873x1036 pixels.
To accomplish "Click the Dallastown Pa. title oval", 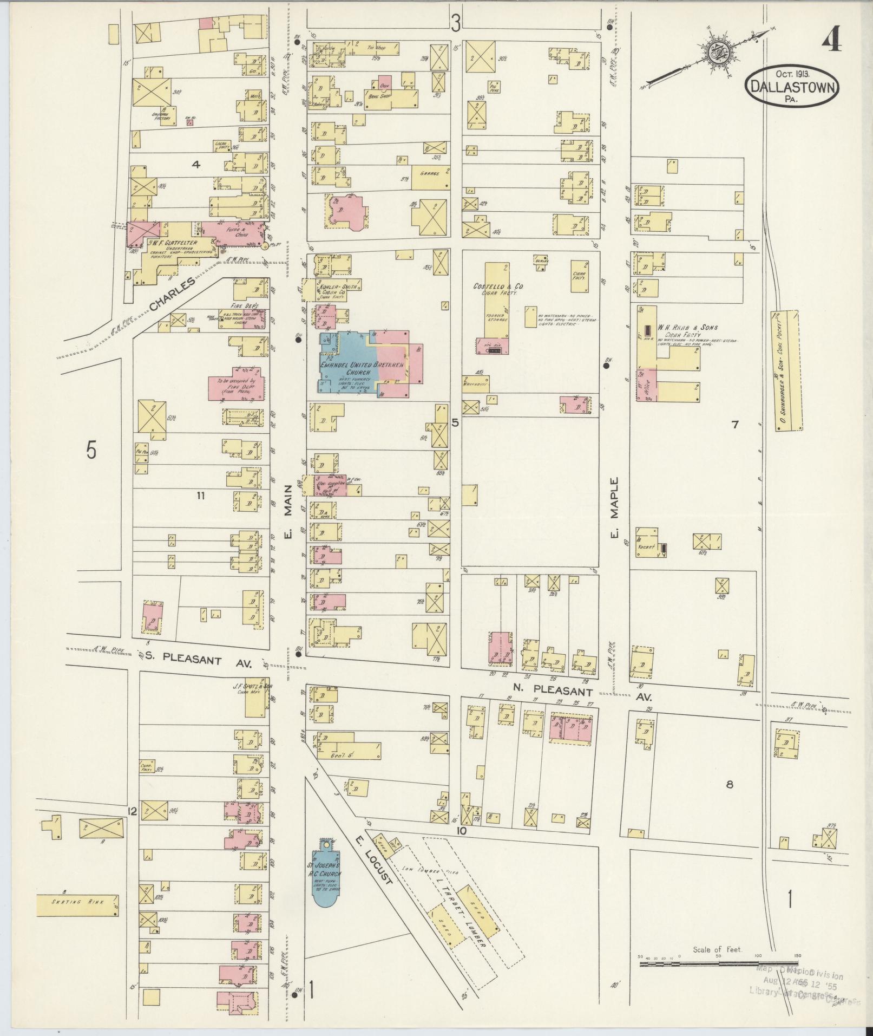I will point(793,86).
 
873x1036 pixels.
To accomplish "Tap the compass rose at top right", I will point(717,53).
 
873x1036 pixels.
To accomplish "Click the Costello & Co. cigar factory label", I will point(495,288).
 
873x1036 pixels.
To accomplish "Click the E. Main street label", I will point(288,512).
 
